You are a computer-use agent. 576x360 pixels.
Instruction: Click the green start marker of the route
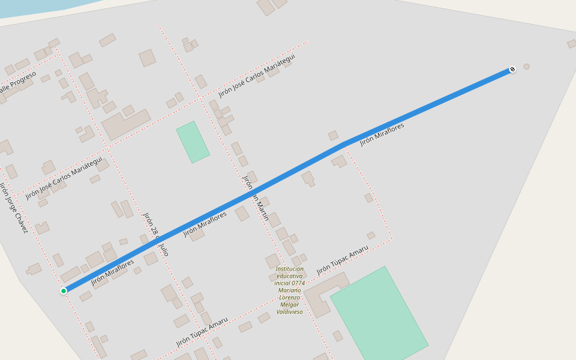64,291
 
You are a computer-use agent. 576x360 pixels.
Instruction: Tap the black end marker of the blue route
512,69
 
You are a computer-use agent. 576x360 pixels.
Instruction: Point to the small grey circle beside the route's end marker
527,67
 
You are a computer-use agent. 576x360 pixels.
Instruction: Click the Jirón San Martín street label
255,197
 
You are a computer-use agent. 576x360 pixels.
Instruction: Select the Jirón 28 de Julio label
155,234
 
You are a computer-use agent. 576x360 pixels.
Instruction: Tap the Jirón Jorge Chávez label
14,208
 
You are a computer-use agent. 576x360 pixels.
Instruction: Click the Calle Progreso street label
18,82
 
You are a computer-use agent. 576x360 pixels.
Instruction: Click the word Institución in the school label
290,269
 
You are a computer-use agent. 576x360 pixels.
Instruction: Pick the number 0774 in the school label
297,283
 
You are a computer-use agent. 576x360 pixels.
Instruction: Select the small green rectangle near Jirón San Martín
193,142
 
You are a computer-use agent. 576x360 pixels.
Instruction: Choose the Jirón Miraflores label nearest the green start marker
112,272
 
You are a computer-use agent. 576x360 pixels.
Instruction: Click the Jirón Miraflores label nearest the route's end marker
382,134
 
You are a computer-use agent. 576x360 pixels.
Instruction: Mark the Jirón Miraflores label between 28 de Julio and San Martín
205,224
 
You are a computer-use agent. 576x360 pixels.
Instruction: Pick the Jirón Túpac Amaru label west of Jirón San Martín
202,332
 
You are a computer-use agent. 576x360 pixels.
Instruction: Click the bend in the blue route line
343,143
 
